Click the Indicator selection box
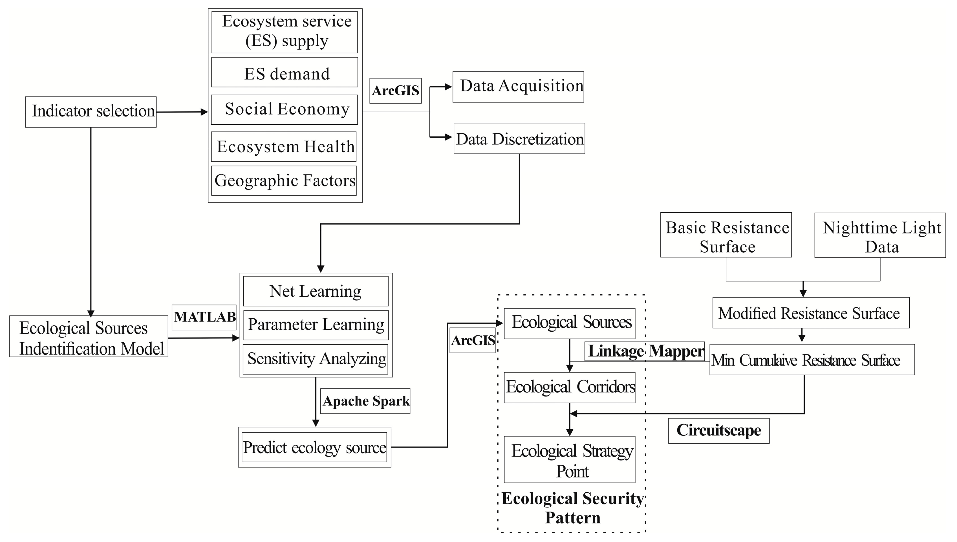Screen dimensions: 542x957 tap(91, 112)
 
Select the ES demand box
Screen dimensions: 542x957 tap(285, 72)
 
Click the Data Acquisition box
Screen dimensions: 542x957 tap(518, 87)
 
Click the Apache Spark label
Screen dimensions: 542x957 tap(365, 401)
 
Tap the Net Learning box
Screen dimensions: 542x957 tap(316, 291)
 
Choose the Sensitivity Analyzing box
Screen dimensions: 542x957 tap(316, 359)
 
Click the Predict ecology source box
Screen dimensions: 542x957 tap(314, 447)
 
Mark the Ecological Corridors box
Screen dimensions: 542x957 tap(570, 387)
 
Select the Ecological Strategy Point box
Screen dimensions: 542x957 tap(570, 459)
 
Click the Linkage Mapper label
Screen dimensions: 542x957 tap(645, 351)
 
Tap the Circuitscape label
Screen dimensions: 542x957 tap(718, 430)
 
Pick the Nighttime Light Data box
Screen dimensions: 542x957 tap(880, 235)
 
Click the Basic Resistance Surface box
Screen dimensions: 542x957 tap(726, 235)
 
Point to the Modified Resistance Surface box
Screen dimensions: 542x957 tap(811, 313)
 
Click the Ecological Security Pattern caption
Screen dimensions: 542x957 tap(572, 508)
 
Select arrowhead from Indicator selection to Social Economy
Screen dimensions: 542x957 tap(204, 112)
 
